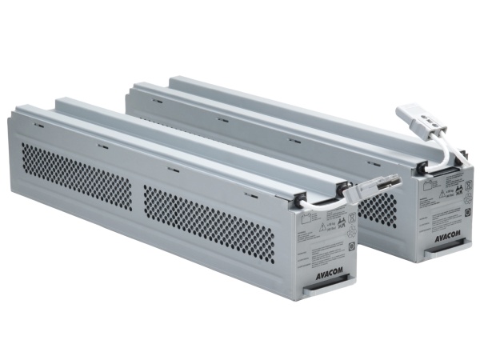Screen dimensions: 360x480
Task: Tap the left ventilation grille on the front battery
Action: pos(76,175)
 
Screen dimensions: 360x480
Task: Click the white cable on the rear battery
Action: pos(416,156)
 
